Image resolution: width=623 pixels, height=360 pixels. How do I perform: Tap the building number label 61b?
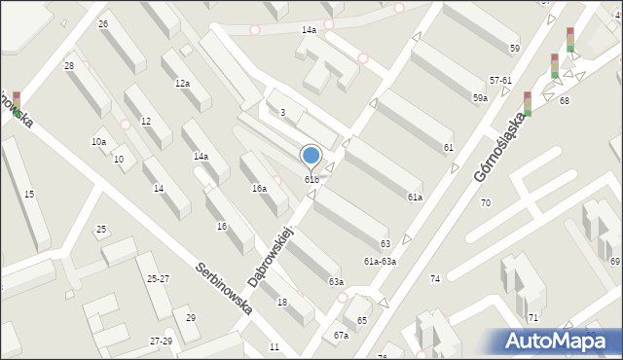(311, 179)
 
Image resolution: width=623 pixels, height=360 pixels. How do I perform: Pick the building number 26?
(103, 23)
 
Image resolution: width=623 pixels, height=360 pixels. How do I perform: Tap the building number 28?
(68, 66)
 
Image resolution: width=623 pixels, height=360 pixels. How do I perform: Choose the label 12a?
(182, 85)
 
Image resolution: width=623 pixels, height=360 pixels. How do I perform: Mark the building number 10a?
(98, 142)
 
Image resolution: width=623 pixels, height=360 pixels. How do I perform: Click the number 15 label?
(29, 195)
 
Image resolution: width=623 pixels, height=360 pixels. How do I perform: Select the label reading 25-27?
(158, 279)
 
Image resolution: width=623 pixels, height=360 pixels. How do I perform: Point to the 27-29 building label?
(162, 341)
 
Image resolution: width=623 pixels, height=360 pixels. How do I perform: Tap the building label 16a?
(259, 188)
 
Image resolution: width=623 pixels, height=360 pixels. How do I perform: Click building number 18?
(282, 303)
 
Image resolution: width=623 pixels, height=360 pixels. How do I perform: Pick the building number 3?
(282, 113)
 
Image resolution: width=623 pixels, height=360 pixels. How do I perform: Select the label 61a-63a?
(380, 262)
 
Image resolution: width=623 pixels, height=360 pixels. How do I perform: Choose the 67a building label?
(341, 336)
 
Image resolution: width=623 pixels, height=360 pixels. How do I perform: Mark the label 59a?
(480, 98)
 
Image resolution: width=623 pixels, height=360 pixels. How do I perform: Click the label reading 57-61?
(500, 80)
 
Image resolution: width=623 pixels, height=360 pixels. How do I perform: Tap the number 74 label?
(435, 279)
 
